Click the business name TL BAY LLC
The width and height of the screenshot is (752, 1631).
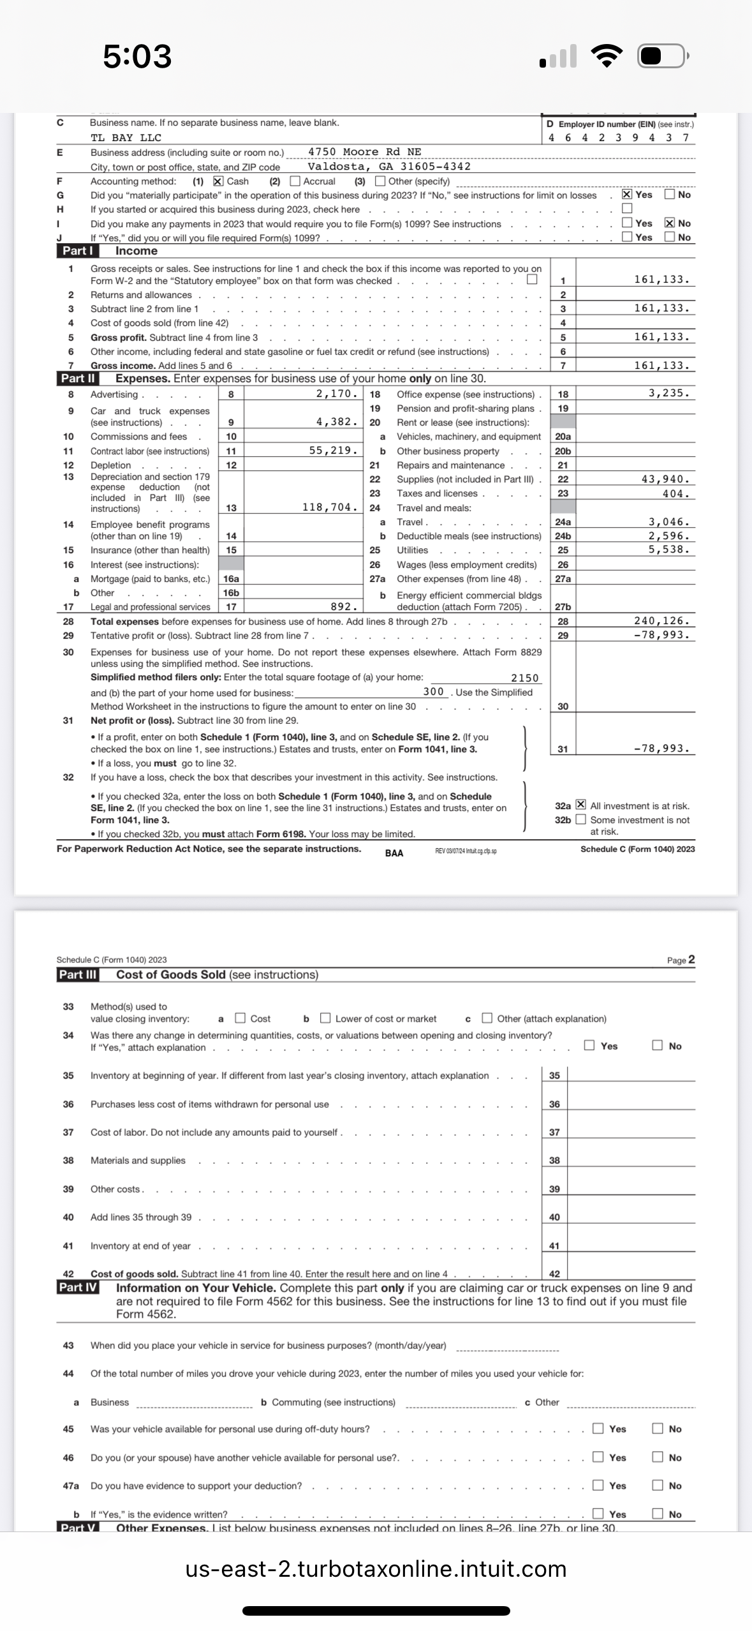click(126, 138)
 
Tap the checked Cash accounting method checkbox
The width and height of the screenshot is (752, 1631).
click(218, 181)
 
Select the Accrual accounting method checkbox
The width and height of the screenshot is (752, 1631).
click(295, 181)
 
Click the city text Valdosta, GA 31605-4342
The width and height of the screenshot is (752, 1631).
click(389, 167)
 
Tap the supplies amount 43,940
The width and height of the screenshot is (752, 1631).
click(665, 479)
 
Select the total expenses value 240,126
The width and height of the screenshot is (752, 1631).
click(661, 621)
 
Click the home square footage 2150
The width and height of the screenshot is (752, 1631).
click(525, 678)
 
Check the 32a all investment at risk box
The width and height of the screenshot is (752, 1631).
click(580, 805)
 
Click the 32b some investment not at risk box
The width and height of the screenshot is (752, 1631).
click(580, 819)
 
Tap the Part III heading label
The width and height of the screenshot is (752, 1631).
click(78, 974)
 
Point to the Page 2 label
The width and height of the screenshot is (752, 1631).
click(681, 960)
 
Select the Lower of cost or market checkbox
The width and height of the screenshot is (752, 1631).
click(325, 1018)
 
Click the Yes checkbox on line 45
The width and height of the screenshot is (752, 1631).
click(598, 1429)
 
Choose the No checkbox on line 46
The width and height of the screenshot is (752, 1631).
click(658, 1457)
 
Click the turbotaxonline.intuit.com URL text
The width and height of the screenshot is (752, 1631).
click(376, 1569)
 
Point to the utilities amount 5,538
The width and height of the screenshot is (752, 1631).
click(669, 549)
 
